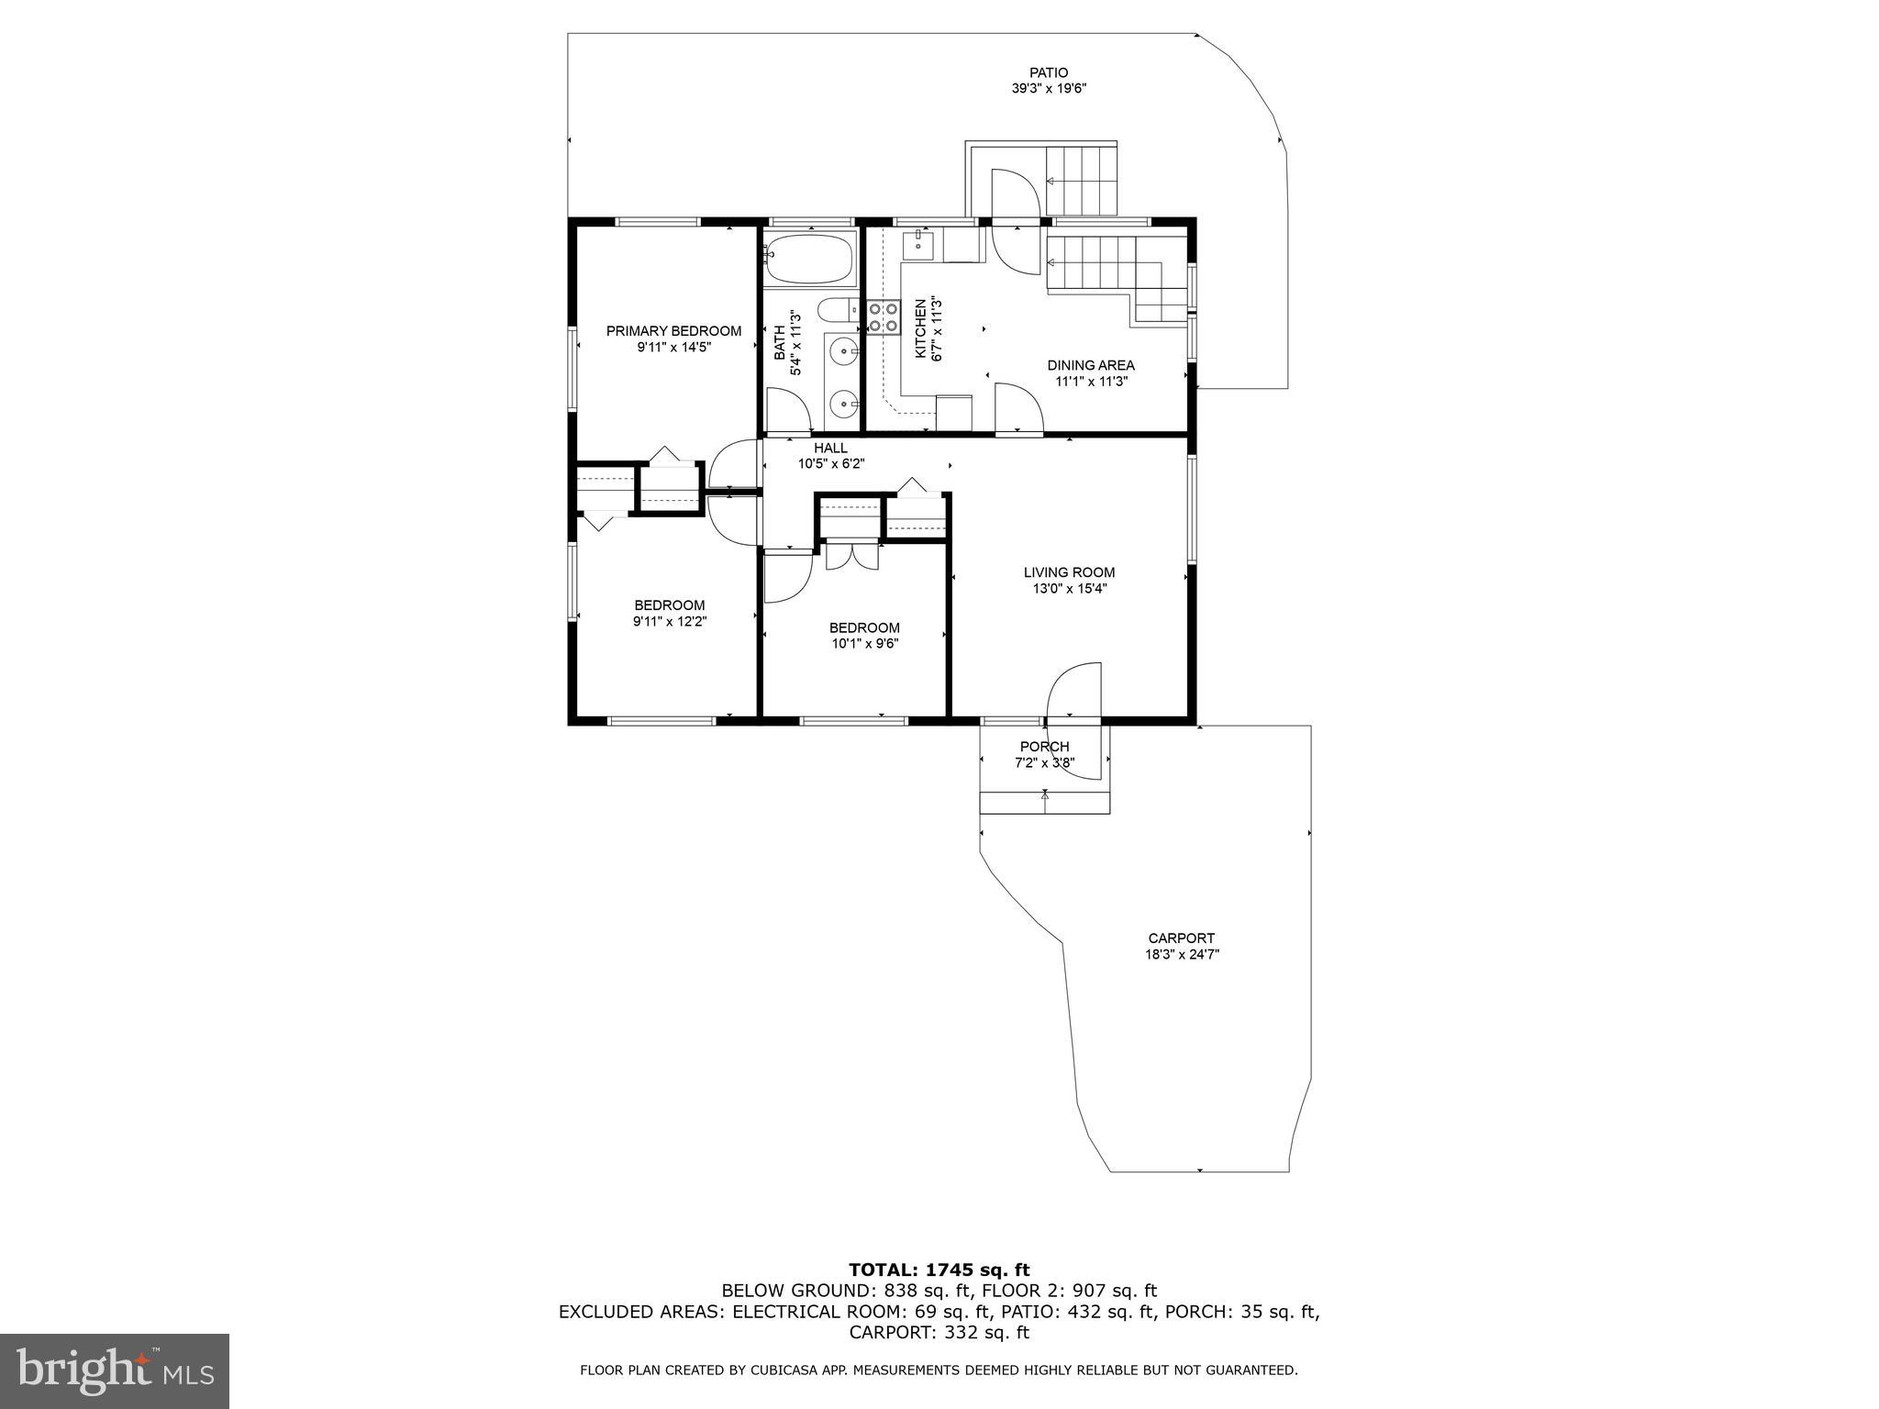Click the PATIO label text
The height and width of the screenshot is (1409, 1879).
point(1048,72)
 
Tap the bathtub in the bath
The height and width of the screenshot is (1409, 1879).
point(810,259)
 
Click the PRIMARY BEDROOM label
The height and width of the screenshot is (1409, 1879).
point(673,331)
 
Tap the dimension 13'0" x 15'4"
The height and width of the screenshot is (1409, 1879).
point(1069,589)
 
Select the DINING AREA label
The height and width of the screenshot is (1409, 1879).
point(1090,365)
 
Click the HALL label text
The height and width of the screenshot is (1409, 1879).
point(830,448)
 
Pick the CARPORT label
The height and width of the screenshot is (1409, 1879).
point(1181,937)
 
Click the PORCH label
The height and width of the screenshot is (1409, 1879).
point(1044,747)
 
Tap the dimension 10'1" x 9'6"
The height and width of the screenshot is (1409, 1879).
point(864,644)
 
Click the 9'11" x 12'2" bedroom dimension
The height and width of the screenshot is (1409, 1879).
point(670,621)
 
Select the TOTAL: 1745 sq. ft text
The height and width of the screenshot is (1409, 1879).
point(939,1270)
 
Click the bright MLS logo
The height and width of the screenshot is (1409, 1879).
point(115,1370)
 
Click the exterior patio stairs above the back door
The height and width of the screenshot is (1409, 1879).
point(1082,178)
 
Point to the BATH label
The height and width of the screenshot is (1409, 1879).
point(779,343)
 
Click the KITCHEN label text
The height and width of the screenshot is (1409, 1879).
point(919,327)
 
